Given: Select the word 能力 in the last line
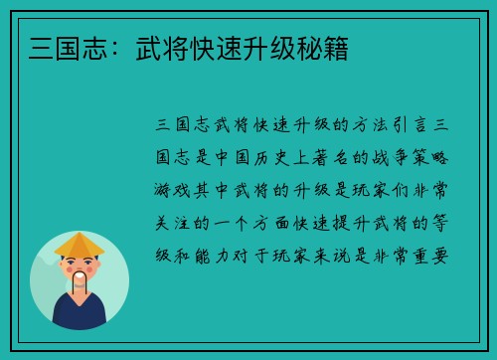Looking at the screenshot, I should (x=215, y=255).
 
